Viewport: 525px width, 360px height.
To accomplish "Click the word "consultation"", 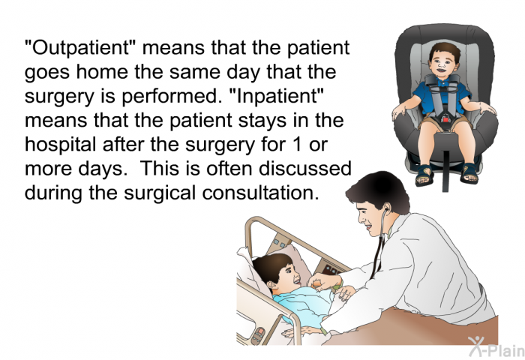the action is (x=260, y=193).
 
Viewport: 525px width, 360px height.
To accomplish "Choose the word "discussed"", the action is (x=305, y=169).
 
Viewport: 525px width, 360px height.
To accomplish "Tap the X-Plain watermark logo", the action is (x=496, y=346).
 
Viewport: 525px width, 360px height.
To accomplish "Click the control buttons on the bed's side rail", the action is (x=259, y=335).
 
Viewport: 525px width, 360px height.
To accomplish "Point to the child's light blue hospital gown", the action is (x=305, y=304).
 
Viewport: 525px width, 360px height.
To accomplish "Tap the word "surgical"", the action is (x=159, y=193).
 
